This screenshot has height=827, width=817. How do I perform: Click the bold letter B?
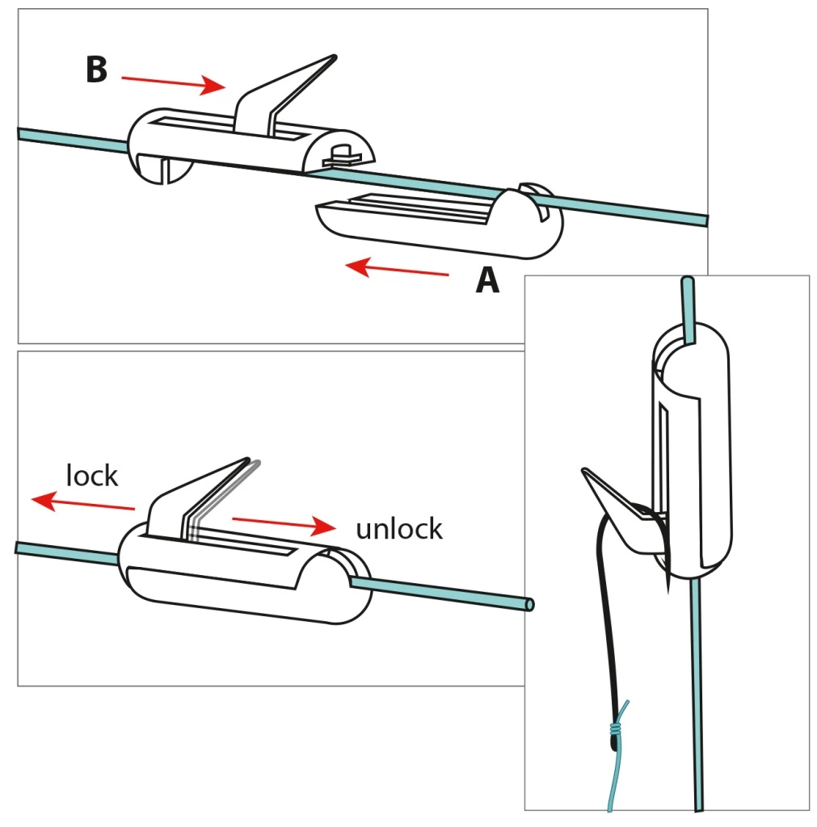pyautogui.click(x=96, y=70)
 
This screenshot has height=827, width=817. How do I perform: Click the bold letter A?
pyautogui.click(x=487, y=281)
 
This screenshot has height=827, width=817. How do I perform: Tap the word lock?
pyautogui.click(x=92, y=476)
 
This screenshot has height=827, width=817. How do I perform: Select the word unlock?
pyautogui.click(x=399, y=528)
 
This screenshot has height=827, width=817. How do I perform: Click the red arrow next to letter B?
pyautogui.click(x=172, y=81)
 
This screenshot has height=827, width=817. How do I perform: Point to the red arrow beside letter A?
pyautogui.click(x=396, y=268)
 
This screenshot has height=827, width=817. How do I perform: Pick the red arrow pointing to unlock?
pyautogui.click(x=283, y=523)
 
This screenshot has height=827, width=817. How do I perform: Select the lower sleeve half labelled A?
pyautogui.click(x=436, y=226)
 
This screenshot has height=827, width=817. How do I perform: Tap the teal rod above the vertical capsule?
pyautogui.click(x=689, y=303)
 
